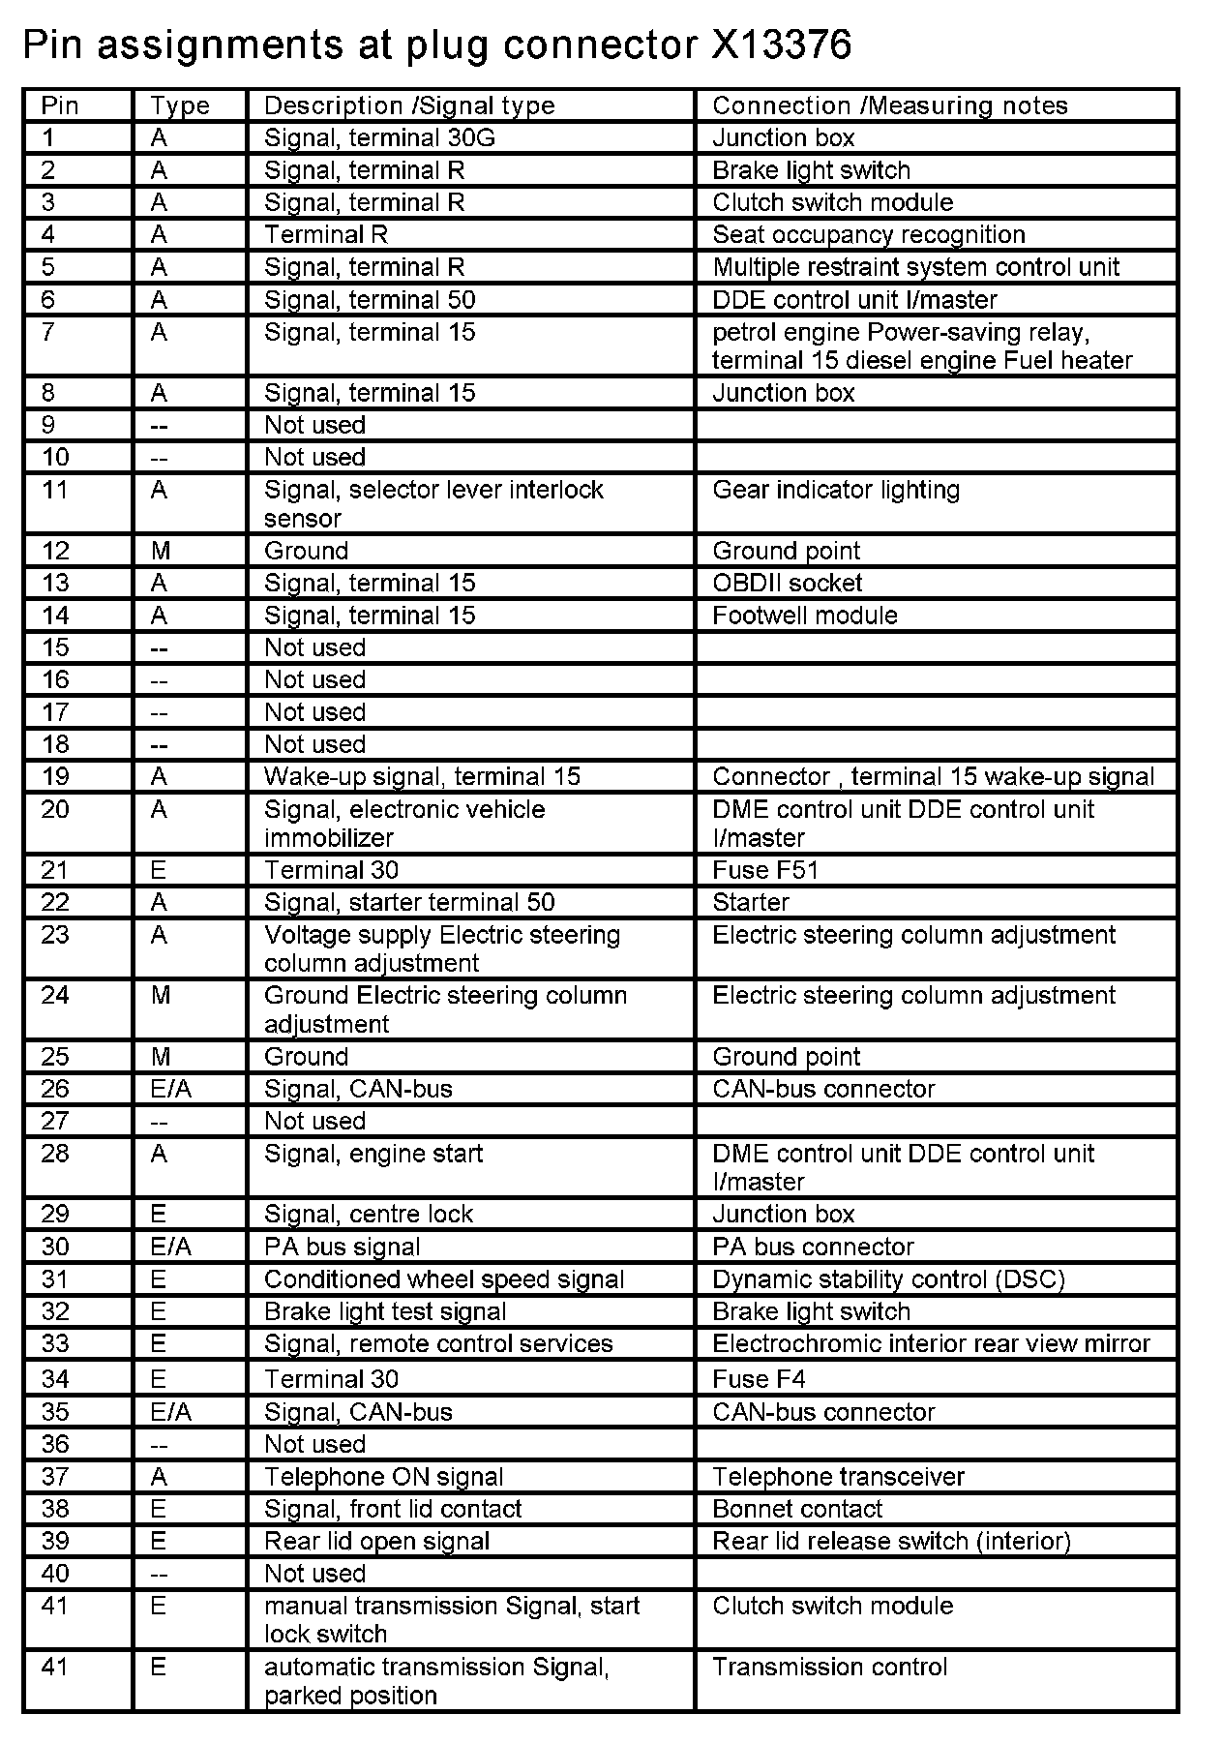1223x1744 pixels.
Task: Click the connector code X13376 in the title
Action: pyautogui.click(x=781, y=45)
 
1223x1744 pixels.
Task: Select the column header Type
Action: pyautogui.click(x=180, y=105)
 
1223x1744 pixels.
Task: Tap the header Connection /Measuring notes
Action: pyautogui.click(x=889, y=105)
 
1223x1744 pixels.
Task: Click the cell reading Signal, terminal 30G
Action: pyautogui.click(x=379, y=137)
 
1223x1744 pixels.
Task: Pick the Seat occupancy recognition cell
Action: pyautogui.click(x=868, y=234)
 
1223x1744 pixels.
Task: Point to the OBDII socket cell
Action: pyautogui.click(x=787, y=583)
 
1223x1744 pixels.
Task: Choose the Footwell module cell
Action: pyautogui.click(x=804, y=616)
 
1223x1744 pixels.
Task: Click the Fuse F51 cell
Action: pyautogui.click(x=764, y=870)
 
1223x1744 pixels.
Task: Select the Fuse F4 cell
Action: pyautogui.click(x=759, y=1379)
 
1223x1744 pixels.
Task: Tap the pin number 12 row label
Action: pyautogui.click(x=56, y=551)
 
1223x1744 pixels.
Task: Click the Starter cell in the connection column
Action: pyautogui.click(x=751, y=902)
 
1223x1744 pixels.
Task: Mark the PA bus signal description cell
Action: pyautogui.click(x=343, y=1247)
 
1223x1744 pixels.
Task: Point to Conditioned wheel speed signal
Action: pyautogui.click(x=444, y=1279)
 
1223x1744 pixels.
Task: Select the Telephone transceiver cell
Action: pyautogui.click(x=838, y=1477)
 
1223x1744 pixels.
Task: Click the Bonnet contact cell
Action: pyautogui.click(x=797, y=1509)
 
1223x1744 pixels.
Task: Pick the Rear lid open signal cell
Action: pyautogui.click(x=376, y=1541)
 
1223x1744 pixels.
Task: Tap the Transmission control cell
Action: pyautogui.click(x=829, y=1667)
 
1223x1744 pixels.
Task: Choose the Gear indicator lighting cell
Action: pyautogui.click(x=836, y=490)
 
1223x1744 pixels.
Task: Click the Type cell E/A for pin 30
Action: pyautogui.click(x=171, y=1247)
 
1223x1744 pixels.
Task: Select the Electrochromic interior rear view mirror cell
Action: pyautogui.click(x=931, y=1343)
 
